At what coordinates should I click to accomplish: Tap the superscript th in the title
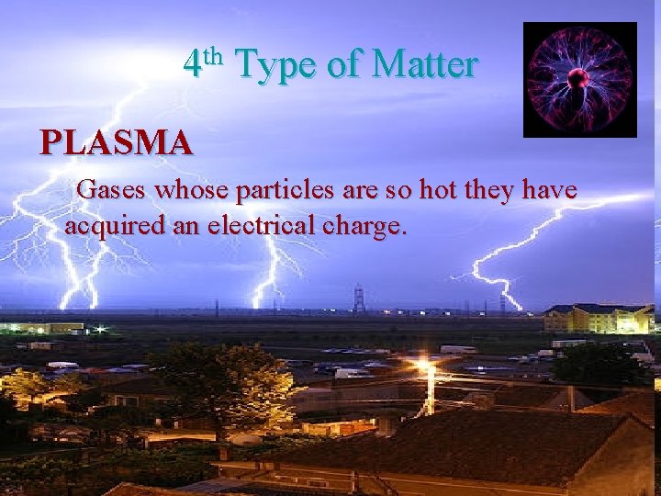[213, 56]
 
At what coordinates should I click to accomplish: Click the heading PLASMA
[117, 143]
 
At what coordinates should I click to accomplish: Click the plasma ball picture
[579, 80]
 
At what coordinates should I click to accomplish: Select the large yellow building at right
[597, 318]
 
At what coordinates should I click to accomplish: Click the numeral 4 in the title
[192, 66]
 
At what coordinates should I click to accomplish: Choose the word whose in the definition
[194, 191]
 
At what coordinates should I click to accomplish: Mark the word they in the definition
[490, 191]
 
